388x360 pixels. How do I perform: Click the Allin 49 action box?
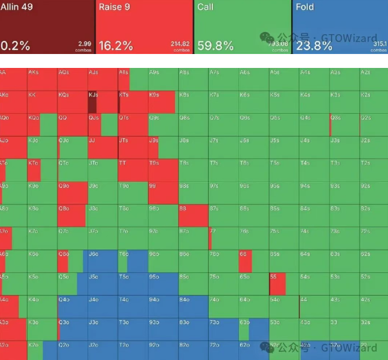click(47, 27)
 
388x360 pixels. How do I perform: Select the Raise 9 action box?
click(144, 27)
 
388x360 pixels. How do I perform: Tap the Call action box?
click(242, 27)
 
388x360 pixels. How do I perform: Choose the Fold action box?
click(340, 27)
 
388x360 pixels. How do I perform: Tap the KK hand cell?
click(42, 102)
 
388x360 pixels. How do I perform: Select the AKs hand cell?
click(42, 80)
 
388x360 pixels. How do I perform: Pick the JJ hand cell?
click(102, 147)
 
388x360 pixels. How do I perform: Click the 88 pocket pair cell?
click(193, 215)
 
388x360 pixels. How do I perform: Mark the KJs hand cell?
click(102, 102)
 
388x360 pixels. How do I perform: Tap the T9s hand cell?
click(162, 170)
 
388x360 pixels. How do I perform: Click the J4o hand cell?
click(102, 307)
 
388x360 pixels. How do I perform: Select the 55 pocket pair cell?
click(283, 283)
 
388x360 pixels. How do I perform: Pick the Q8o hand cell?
click(72, 215)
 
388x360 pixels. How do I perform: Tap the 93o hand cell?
click(162, 329)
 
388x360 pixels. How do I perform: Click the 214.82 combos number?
click(180, 44)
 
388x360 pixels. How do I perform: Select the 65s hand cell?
click(283, 261)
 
